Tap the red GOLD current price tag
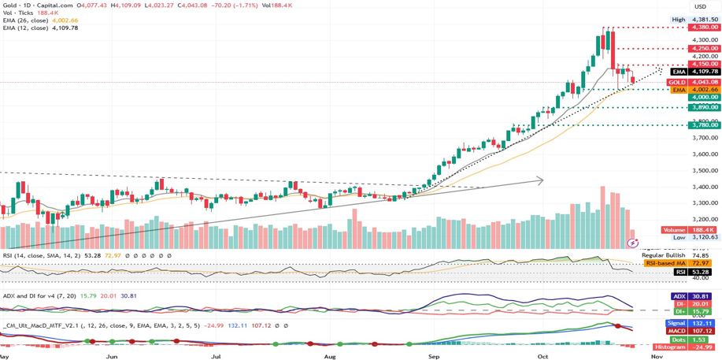tap(694, 82)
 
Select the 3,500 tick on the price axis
tap(704, 170)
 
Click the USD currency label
tap(699, 6)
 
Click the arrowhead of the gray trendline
tap(540, 180)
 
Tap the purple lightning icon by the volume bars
tap(633, 243)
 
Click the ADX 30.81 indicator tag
tap(694, 296)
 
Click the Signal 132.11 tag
tap(694, 323)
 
